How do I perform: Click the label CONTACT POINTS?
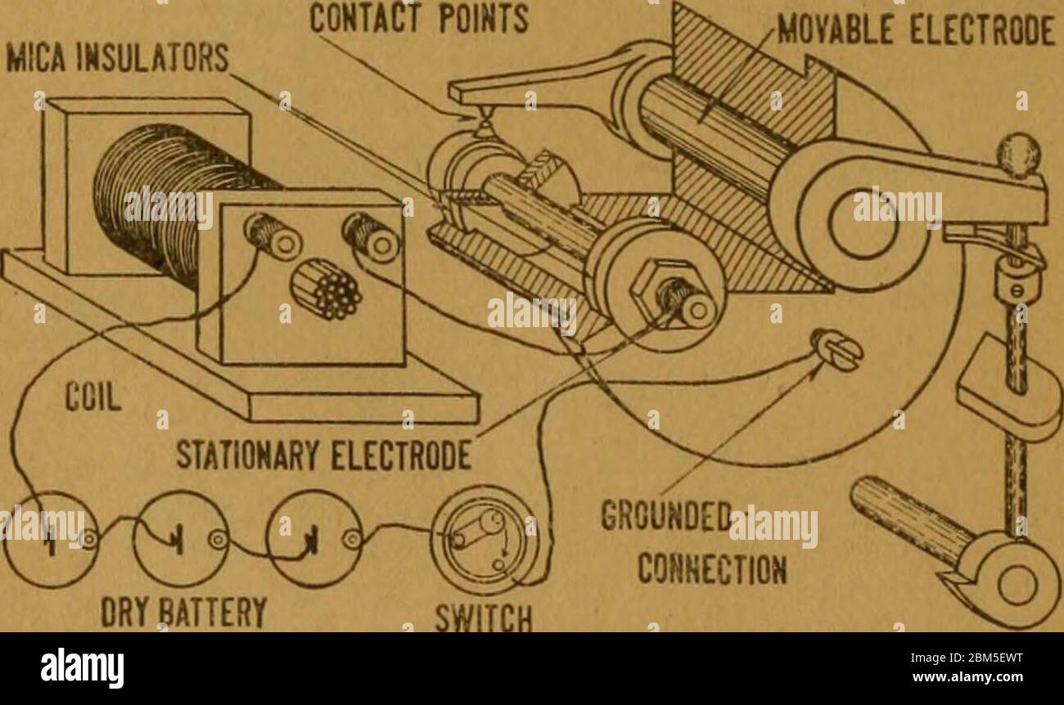tap(419, 19)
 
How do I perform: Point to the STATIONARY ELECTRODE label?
tap(323, 456)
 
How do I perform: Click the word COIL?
tap(93, 397)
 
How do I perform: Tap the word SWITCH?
tap(484, 617)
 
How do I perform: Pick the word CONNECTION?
tap(712, 568)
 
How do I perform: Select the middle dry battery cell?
tap(181, 539)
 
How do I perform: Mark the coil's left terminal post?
tap(273, 235)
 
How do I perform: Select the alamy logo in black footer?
tap(82, 667)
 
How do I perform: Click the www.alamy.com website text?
tap(967, 677)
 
